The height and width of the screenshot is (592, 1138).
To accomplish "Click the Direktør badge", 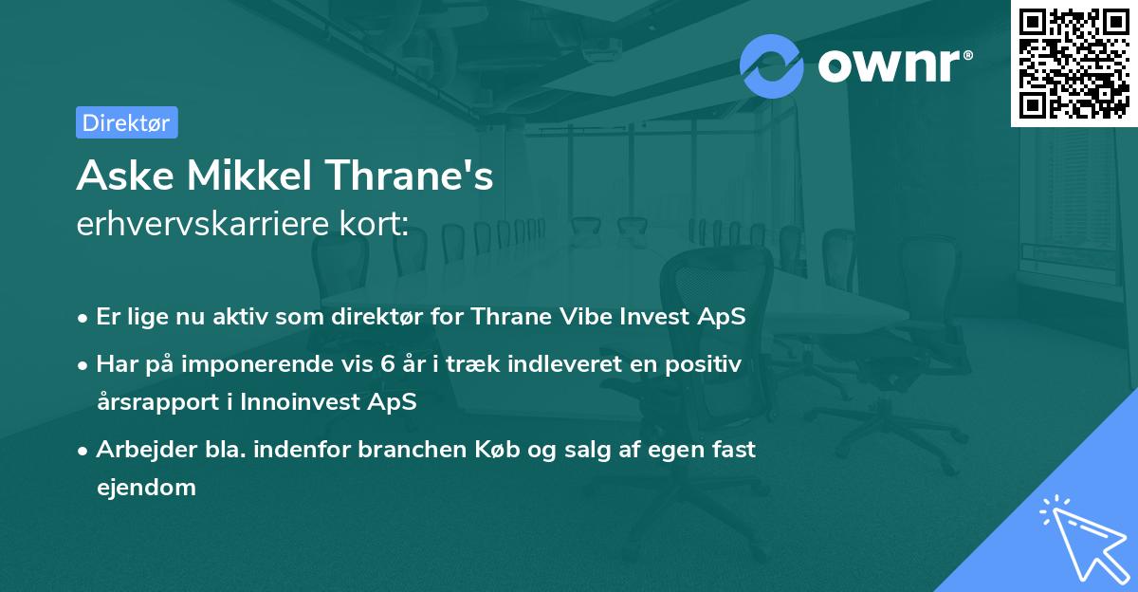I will click(x=126, y=122).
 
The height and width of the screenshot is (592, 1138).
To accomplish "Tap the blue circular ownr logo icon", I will click(x=772, y=65).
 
